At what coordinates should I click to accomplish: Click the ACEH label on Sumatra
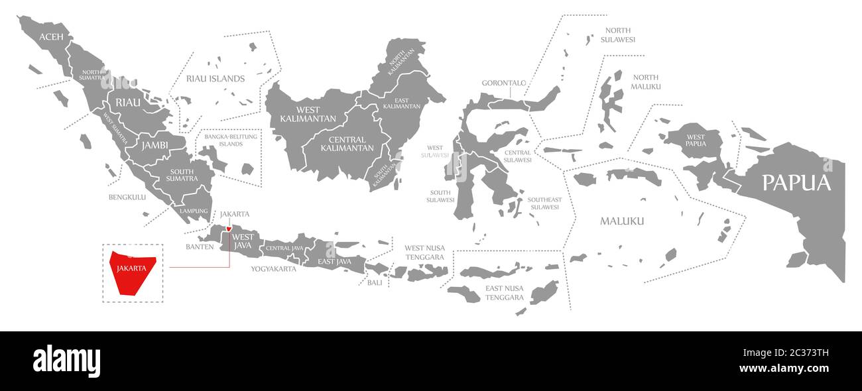(x=51, y=36)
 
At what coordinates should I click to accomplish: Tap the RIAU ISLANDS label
(x=215, y=78)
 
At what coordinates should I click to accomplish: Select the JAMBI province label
(x=154, y=144)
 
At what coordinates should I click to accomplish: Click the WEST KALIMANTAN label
(x=299, y=114)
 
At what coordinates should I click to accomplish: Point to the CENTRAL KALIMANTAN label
(x=347, y=144)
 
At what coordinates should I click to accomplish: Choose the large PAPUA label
(x=796, y=183)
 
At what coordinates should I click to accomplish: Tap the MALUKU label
(x=622, y=221)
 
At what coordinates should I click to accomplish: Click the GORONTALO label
(x=504, y=84)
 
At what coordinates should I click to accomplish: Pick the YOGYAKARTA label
(x=273, y=269)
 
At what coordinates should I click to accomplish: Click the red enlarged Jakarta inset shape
(x=133, y=272)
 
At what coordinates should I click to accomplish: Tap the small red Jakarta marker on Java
(x=229, y=230)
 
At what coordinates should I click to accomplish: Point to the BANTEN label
(x=200, y=247)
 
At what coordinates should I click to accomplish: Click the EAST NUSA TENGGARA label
(x=505, y=293)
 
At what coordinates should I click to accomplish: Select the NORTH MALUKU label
(x=645, y=82)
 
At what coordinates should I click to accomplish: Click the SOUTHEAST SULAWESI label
(x=544, y=203)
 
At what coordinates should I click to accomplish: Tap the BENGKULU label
(x=127, y=197)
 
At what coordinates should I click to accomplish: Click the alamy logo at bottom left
(x=66, y=361)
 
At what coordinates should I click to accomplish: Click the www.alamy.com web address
(x=783, y=369)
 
